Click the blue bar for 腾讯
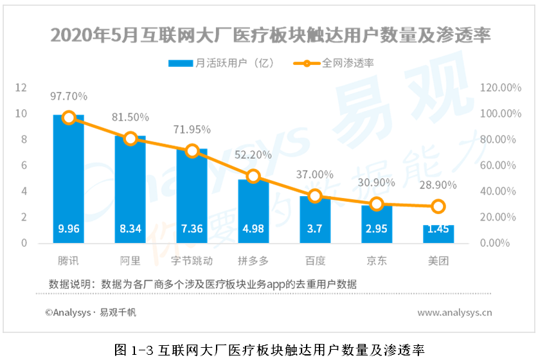(x=69, y=180)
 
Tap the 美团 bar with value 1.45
(x=438, y=235)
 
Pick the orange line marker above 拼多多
(x=253, y=176)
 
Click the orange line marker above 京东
(x=377, y=204)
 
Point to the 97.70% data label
(x=69, y=96)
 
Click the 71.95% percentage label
(x=192, y=129)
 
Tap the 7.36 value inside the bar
(x=192, y=230)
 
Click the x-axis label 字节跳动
(x=192, y=261)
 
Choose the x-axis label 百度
(x=315, y=261)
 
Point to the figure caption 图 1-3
(x=269, y=350)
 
